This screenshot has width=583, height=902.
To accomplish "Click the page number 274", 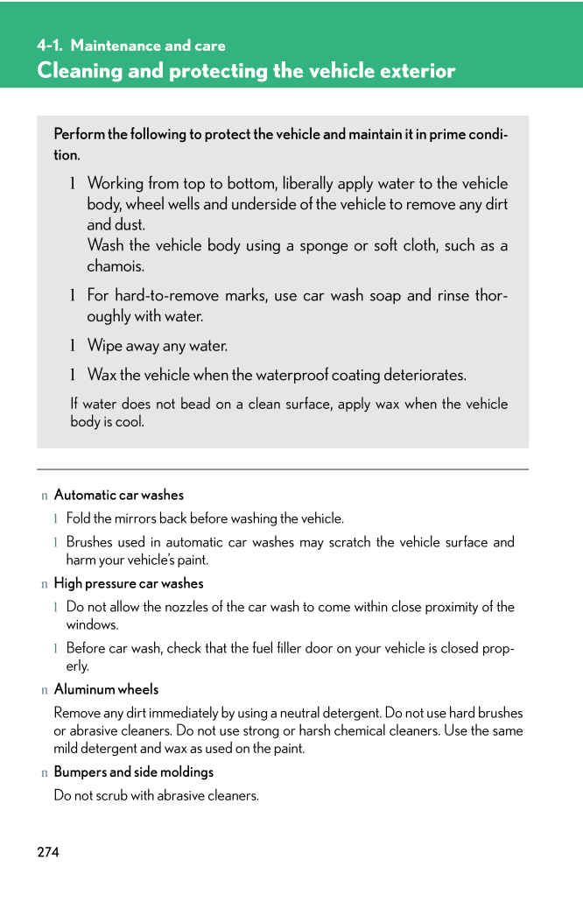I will (48, 852).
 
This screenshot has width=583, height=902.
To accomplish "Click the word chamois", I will (115, 266).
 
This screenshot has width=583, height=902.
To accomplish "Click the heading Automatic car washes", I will (119, 495).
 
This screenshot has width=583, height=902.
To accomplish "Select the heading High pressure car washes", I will (129, 583).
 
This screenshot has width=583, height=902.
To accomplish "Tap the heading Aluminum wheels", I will (106, 689).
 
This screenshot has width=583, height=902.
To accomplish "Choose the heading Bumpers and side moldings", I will (134, 772).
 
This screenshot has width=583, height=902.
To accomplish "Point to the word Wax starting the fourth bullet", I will (102, 376).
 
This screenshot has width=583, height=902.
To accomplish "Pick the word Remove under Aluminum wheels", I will (76, 713).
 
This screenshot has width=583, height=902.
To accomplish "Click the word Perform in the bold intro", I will (79, 134).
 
